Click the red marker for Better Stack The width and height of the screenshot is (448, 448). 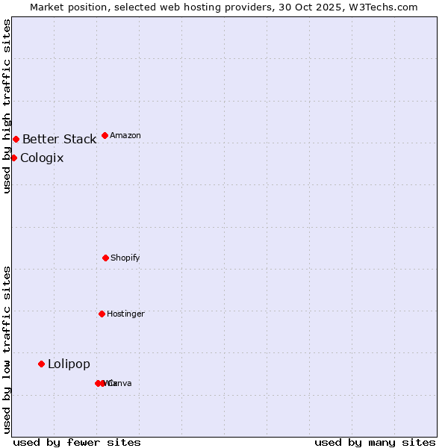[x=16, y=139]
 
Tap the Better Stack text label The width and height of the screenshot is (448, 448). [x=59, y=139]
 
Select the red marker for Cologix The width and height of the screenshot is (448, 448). [x=13, y=158]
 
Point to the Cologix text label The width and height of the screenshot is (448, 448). [x=42, y=158]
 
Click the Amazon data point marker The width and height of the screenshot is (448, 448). [x=105, y=135]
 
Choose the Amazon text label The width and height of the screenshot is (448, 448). [x=125, y=135]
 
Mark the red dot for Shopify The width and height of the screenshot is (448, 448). [x=105, y=258]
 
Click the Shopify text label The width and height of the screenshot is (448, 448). [x=125, y=258]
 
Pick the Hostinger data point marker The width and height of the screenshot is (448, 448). [x=102, y=314]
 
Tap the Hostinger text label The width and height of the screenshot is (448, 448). [x=125, y=314]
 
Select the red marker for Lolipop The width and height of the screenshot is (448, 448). [x=41, y=364]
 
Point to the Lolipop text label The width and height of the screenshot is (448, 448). [x=69, y=364]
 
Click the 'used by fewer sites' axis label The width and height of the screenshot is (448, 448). [x=77, y=442]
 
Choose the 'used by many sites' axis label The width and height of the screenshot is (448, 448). [x=375, y=442]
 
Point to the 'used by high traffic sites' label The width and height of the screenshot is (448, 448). [x=7, y=106]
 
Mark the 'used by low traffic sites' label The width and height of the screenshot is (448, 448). [x=7, y=349]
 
